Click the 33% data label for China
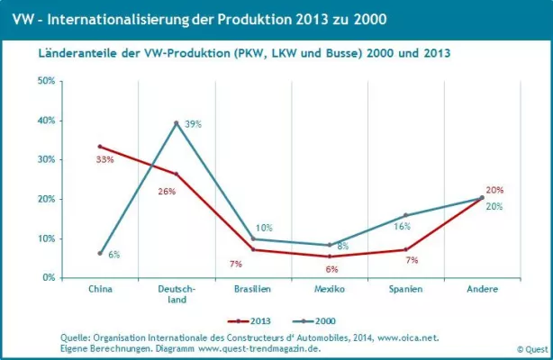(x=105, y=159)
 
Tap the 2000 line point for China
(x=101, y=254)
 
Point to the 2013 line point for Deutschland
(x=177, y=174)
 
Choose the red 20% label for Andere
(x=494, y=190)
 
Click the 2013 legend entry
(x=251, y=320)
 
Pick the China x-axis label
(x=101, y=291)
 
